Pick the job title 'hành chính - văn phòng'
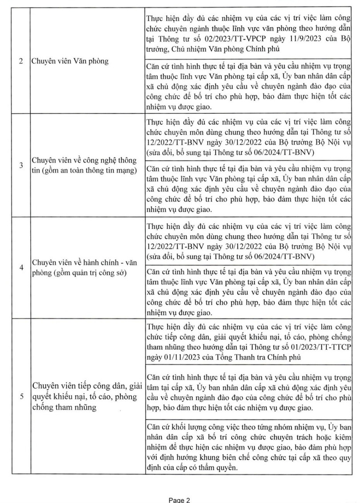84,268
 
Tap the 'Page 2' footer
180,499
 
